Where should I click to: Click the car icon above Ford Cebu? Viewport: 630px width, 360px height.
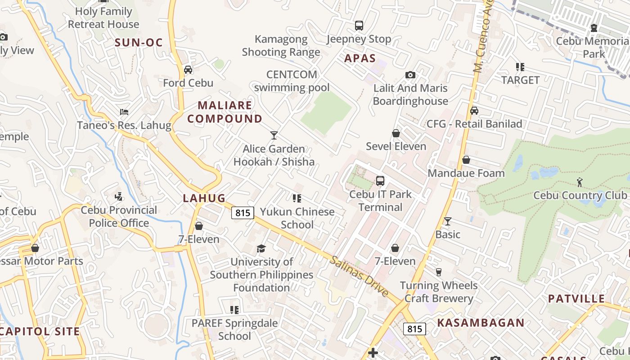(x=188, y=70)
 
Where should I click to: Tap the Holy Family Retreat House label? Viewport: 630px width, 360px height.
(x=103, y=18)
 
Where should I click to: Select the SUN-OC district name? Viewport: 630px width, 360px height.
(x=139, y=43)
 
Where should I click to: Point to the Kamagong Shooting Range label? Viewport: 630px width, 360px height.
(x=281, y=45)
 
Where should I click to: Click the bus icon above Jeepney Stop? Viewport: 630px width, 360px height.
(x=359, y=26)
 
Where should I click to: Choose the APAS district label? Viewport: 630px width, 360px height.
(x=360, y=58)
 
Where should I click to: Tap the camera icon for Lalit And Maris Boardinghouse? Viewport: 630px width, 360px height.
(x=410, y=75)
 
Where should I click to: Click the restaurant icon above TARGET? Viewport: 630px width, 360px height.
(x=520, y=67)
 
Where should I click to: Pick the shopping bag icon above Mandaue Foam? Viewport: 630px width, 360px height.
(x=466, y=160)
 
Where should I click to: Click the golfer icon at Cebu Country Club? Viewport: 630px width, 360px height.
(x=580, y=182)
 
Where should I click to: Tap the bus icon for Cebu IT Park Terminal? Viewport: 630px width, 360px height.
(x=380, y=181)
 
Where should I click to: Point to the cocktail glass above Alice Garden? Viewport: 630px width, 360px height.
(x=274, y=135)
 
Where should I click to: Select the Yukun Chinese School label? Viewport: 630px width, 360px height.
(x=297, y=218)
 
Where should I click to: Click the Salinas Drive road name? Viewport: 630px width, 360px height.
(x=359, y=276)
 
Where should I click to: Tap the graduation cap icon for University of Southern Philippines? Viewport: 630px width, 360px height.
(x=261, y=248)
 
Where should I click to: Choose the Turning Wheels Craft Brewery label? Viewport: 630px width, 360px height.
(x=439, y=292)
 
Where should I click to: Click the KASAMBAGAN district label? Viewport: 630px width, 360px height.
(x=481, y=323)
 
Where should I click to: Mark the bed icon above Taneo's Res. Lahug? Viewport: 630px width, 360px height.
(x=124, y=112)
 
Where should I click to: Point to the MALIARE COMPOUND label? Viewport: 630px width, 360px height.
(x=225, y=112)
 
